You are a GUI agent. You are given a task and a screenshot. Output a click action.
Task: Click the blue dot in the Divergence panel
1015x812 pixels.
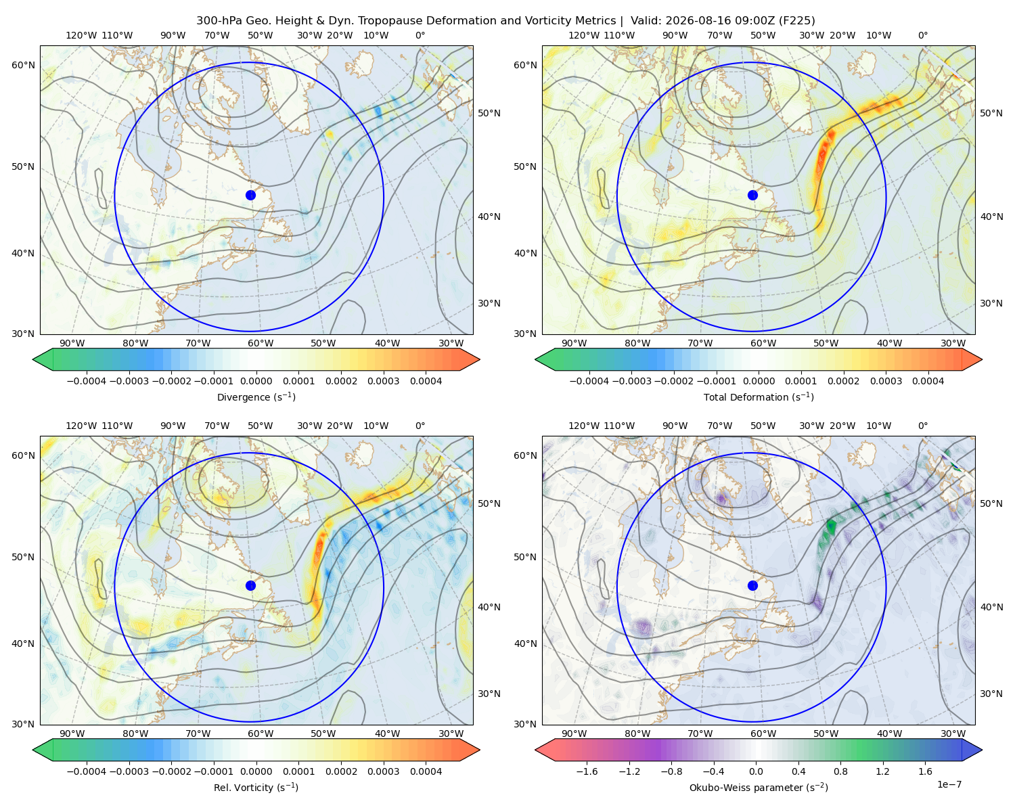pos(250,195)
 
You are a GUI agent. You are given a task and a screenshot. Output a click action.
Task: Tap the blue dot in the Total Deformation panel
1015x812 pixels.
pos(752,195)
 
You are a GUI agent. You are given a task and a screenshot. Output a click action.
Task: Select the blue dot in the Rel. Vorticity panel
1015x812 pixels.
pos(250,585)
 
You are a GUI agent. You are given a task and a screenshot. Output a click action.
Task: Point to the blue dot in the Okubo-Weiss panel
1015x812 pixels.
pos(752,585)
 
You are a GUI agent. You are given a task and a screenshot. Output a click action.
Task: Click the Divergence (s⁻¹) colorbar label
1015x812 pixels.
pos(256,397)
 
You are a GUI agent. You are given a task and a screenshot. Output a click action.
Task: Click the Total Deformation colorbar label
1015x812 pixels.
pos(759,397)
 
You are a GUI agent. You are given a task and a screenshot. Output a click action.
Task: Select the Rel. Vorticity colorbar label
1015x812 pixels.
pos(256,787)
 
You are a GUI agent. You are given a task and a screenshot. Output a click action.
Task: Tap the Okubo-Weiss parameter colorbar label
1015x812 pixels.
pos(759,787)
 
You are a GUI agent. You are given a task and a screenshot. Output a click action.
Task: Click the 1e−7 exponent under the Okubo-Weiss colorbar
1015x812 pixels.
pos(949,784)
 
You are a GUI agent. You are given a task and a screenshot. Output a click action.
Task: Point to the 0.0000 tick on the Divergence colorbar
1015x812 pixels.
pos(256,381)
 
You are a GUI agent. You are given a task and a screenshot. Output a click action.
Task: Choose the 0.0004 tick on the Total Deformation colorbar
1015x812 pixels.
pos(928,381)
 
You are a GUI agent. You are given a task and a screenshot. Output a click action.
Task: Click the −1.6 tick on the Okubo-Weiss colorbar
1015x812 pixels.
pos(587,771)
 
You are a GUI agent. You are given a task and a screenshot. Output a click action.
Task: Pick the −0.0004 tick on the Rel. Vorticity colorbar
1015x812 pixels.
pos(87,771)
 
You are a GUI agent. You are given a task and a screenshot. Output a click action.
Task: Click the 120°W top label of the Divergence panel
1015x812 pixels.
pos(81,35)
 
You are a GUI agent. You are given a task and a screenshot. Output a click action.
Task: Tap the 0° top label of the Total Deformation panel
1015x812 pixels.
pos(922,35)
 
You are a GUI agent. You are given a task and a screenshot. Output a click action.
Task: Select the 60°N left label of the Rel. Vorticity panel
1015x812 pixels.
pos(23,455)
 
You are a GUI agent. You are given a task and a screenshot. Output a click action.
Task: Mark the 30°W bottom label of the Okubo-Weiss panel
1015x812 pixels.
pos(953,734)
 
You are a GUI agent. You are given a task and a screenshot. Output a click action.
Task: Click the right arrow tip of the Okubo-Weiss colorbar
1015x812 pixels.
pos(982,749)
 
